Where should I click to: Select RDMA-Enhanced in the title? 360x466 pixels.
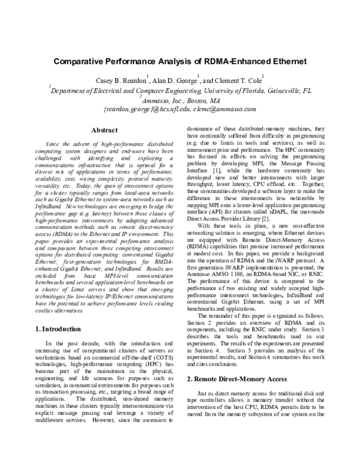233,61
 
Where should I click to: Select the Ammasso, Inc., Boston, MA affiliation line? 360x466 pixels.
179,100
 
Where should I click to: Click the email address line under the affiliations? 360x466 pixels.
179,110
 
